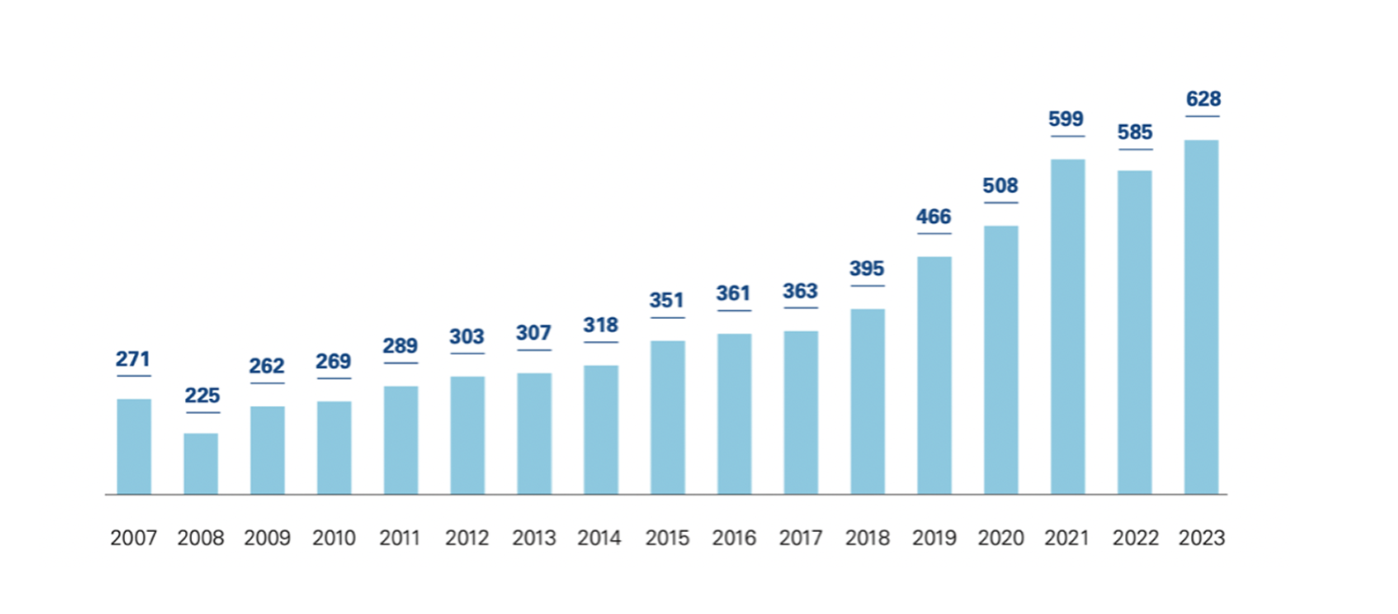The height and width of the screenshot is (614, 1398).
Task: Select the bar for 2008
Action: click(201, 463)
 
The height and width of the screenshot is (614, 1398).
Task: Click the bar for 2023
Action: click(1202, 317)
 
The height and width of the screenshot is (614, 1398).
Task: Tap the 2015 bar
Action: click(668, 418)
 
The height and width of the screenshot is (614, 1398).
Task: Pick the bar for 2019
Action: click(934, 375)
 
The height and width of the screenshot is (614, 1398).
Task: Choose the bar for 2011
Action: click(401, 440)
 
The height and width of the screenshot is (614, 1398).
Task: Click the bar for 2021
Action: click(1068, 327)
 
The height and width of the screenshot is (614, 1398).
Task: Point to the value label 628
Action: click(1203, 99)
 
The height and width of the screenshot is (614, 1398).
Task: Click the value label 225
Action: click(203, 396)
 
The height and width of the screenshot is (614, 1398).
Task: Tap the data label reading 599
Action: click(1066, 119)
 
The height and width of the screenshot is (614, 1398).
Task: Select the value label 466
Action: click(934, 217)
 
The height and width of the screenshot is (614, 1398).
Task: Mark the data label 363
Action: click(800, 291)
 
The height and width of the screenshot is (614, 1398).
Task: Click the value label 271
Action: click(133, 359)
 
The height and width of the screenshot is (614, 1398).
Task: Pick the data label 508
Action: click(1001, 186)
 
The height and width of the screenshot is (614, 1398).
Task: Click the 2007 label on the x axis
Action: click(134, 537)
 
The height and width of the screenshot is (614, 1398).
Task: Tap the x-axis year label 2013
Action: click(534, 537)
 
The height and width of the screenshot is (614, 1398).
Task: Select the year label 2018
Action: click(868, 537)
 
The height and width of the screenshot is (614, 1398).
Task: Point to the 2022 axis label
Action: click(1135, 537)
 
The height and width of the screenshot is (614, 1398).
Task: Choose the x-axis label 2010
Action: click(334, 537)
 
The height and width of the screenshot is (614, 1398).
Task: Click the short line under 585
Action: click(1135, 150)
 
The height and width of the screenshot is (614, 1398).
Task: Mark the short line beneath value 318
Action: click(601, 343)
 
